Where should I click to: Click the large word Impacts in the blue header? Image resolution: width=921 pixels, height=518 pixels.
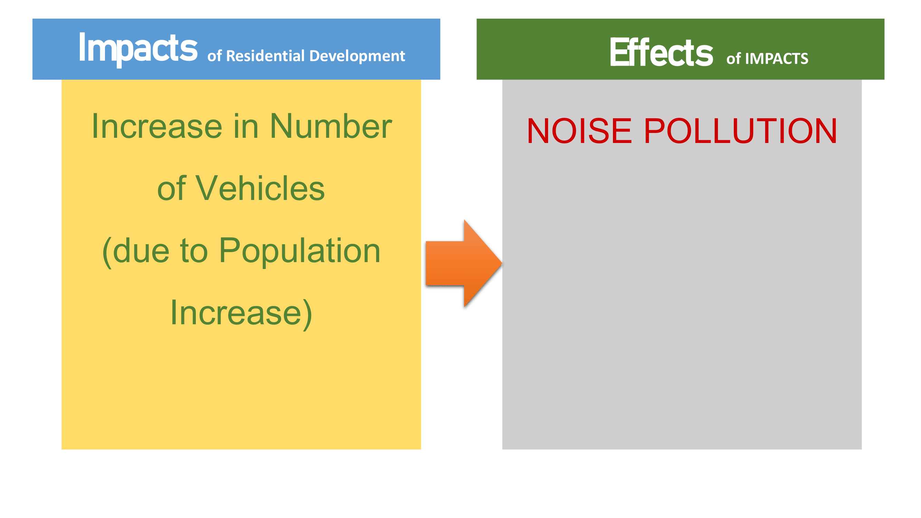[x=138, y=48]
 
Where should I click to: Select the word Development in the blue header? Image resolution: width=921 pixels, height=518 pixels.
[x=357, y=57]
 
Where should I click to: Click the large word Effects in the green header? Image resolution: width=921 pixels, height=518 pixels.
[x=661, y=52]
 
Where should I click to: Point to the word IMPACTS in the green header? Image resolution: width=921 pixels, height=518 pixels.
[x=776, y=59]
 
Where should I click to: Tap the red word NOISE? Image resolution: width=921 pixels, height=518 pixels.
[x=579, y=131]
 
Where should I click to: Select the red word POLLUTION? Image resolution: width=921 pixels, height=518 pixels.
[x=740, y=131]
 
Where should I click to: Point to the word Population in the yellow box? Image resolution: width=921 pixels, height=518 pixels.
[x=299, y=251]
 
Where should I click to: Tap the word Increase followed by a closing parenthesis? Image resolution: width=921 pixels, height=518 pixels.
[x=236, y=313]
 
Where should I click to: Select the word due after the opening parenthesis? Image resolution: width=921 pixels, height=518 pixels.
[x=141, y=251]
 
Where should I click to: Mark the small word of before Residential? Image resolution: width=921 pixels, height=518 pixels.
[x=214, y=56]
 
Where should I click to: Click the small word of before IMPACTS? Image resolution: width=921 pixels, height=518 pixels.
[x=733, y=59]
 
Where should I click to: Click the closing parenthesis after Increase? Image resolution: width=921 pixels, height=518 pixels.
[x=307, y=314]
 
